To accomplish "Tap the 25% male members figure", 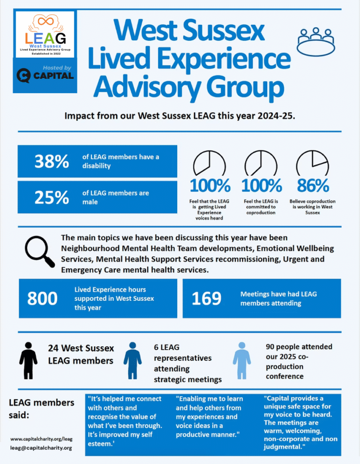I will tap(52, 197).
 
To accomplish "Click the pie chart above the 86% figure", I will tap(312, 163).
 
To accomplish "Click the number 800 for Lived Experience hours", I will tap(43, 298).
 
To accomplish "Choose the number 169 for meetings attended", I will tap(207, 298).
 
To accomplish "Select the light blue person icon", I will tap(241, 360).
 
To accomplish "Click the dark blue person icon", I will tap(133, 360).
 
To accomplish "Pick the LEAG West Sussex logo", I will tap(45, 34).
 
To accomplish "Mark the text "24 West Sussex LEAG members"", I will tap(81, 354).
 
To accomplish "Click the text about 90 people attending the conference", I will tap(299, 361).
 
